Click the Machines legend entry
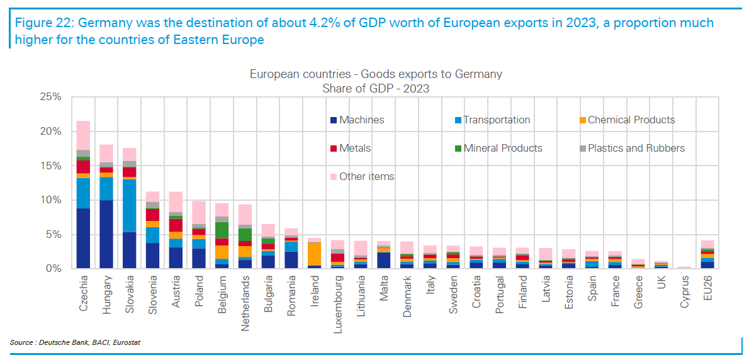coord(361,120)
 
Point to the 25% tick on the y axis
coord(49,98)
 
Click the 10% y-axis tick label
coord(49,200)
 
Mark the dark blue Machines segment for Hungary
coord(106,234)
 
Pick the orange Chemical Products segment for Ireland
coord(315,254)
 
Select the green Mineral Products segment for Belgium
coord(222,230)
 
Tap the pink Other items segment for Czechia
coord(84,135)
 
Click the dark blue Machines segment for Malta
coord(384,260)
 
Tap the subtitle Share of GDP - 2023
coord(376,89)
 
